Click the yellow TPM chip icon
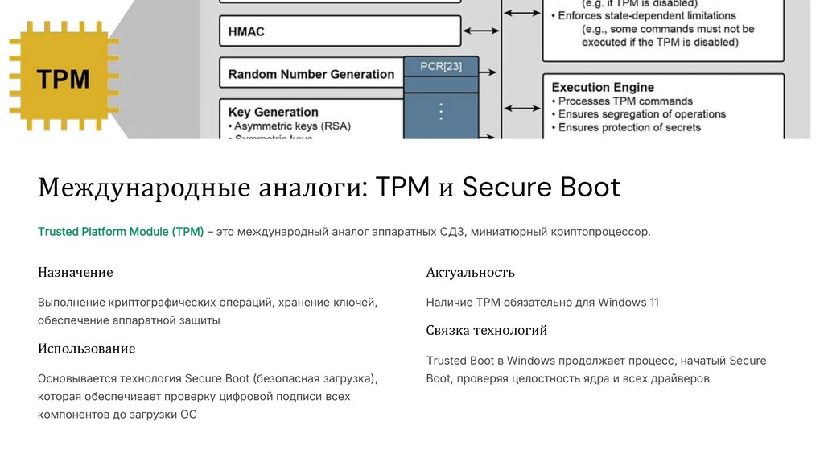click(x=63, y=79)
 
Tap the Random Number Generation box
click(x=311, y=74)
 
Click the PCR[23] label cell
click(x=441, y=66)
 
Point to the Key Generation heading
click(x=274, y=112)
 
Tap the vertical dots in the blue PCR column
click(x=440, y=111)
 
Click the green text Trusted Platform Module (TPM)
click(x=121, y=232)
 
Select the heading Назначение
click(x=76, y=272)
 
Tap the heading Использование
click(x=86, y=349)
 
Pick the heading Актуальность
click(x=470, y=272)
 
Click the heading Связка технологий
click(x=487, y=330)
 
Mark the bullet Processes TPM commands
click(x=625, y=101)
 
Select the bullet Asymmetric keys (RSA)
click(x=294, y=126)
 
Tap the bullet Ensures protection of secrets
click(x=629, y=127)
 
